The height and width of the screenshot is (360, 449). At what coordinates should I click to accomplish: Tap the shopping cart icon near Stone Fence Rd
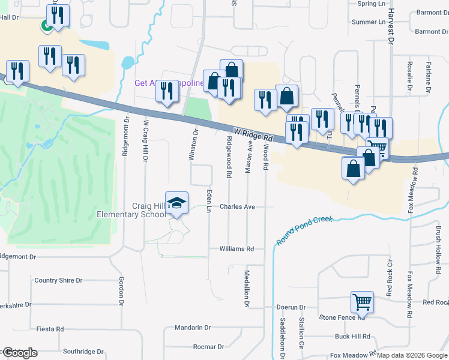[x=362, y=302]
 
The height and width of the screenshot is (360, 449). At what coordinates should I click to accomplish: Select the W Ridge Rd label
[x=253, y=134]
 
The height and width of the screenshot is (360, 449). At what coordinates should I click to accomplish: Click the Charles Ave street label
[x=237, y=206]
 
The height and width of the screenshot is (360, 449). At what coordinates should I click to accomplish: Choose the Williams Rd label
[x=237, y=248]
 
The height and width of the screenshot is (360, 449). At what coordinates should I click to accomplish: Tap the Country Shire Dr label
[x=58, y=280]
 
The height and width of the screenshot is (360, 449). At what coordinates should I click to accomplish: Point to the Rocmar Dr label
[x=208, y=347]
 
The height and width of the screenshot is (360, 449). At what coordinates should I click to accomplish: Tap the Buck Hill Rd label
[x=352, y=337]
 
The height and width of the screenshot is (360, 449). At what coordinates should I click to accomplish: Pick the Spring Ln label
[x=371, y=4]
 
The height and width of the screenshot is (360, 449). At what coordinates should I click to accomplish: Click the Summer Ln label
[x=368, y=22]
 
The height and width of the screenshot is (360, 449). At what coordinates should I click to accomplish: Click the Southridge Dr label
[x=83, y=352]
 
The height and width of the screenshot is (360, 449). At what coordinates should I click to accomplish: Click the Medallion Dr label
[x=247, y=289]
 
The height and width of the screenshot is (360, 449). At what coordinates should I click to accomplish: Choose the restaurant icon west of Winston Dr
[x=166, y=91]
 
